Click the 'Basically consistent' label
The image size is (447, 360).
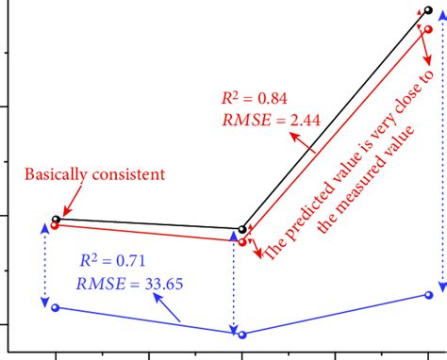[94, 174]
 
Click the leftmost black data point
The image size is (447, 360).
[56, 220]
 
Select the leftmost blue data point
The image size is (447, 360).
[55, 307]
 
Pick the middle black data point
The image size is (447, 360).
[242, 229]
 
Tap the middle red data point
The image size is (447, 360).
[242, 242]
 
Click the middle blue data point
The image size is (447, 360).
[242, 335]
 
